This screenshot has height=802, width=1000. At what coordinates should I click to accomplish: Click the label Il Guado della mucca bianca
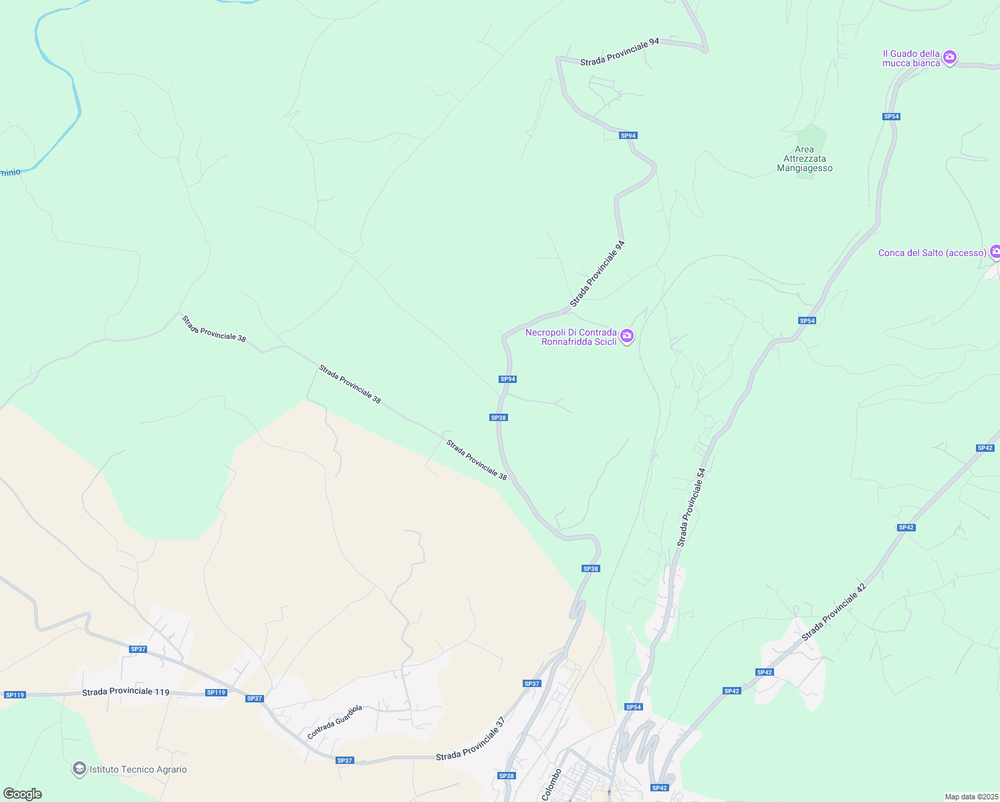click(x=912, y=58)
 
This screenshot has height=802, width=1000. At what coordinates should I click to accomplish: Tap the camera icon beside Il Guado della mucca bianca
click(x=950, y=57)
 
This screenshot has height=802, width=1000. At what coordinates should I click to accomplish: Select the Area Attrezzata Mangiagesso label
click(x=805, y=159)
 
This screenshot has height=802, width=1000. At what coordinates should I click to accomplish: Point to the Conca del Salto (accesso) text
click(x=932, y=253)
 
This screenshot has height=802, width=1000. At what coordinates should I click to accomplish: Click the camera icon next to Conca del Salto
click(x=995, y=252)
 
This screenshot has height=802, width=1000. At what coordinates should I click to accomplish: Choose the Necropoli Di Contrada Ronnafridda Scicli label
click(x=572, y=337)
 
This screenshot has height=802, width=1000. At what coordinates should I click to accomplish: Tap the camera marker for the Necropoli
click(x=627, y=336)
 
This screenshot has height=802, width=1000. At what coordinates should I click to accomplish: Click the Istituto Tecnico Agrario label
click(x=138, y=769)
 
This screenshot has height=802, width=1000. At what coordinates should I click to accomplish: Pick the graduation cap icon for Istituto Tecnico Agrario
click(x=80, y=769)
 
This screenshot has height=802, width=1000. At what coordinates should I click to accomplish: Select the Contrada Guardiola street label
click(x=334, y=722)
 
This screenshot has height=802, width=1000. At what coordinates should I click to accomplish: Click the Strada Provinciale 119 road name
click(x=126, y=692)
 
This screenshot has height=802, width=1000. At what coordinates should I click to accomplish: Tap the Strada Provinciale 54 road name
click(x=691, y=507)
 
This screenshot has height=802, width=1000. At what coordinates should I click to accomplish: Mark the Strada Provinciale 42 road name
click(x=834, y=612)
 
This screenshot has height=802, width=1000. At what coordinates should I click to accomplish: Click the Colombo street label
click(x=551, y=784)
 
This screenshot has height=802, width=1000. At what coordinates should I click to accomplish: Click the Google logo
click(x=22, y=794)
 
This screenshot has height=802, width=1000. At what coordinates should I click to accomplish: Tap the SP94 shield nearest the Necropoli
click(x=508, y=379)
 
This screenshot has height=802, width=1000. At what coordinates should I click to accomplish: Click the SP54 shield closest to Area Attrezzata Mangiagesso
click(x=891, y=116)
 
